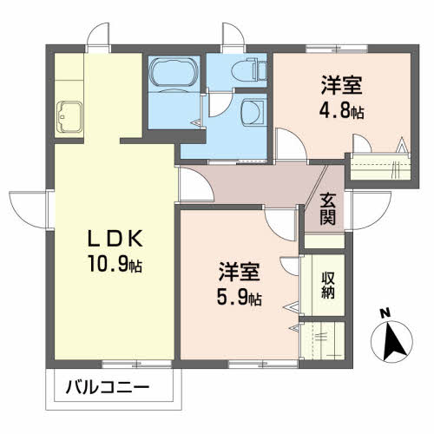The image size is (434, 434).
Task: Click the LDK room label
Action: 115,238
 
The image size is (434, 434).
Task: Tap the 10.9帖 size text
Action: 115,264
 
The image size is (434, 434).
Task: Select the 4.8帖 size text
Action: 341,110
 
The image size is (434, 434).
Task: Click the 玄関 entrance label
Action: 327,209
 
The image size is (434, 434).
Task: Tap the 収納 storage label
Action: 328,285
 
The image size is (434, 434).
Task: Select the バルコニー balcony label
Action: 108,387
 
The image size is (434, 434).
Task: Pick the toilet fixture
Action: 249,69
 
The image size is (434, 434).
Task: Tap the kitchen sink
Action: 69,116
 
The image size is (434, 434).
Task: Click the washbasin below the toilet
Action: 253,113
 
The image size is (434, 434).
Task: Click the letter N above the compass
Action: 385,313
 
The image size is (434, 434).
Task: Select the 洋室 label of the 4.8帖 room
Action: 341,85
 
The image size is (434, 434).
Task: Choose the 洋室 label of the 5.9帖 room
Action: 240,272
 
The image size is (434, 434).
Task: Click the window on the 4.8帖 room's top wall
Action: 337,48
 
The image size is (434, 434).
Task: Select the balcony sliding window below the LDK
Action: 136,364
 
